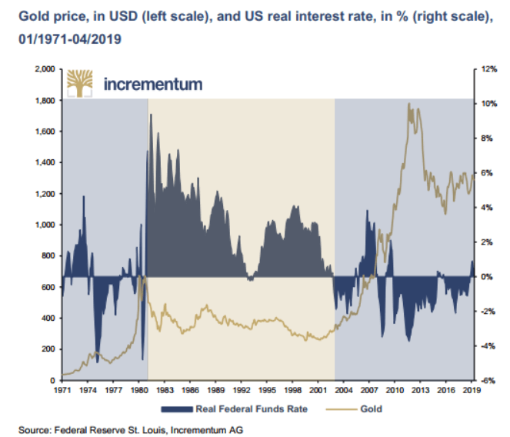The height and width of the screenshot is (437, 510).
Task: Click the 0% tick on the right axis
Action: pyautogui.click(x=483, y=277)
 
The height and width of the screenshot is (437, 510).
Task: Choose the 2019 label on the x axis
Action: pyautogui.click(x=471, y=391)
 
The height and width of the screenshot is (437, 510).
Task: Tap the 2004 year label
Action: pyautogui.click(x=344, y=391)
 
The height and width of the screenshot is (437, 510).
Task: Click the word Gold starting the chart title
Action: pyautogui.click(x=22, y=15)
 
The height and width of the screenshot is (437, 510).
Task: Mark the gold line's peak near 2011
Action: pyautogui.click(x=409, y=104)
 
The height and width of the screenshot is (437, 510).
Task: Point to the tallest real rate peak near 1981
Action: pyautogui.click(x=151, y=115)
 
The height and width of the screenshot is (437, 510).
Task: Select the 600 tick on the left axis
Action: pyautogui.click(x=44, y=287)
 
